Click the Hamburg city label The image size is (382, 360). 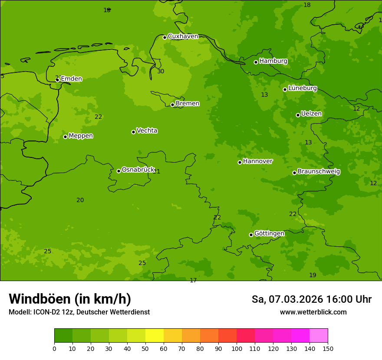pyautogui.click(x=273, y=61)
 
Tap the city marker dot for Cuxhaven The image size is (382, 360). pyautogui.click(x=165, y=37)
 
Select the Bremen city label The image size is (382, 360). pyautogui.click(x=187, y=104)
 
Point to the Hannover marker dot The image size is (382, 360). pyautogui.click(x=240, y=162)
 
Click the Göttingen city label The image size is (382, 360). pyautogui.click(x=269, y=234)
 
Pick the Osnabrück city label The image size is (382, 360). pyautogui.click(x=138, y=170)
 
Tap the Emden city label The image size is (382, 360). pyautogui.click(x=71, y=79)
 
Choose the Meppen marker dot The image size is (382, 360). pyautogui.click(x=65, y=137)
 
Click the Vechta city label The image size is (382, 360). pyautogui.click(x=147, y=131)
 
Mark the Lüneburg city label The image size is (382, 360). pyautogui.click(x=302, y=88)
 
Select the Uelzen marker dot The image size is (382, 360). pyautogui.click(x=298, y=115)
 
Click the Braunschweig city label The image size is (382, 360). pyautogui.click(x=319, y=172)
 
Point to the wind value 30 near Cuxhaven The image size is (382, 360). pyautogui.click(x=161, y=71)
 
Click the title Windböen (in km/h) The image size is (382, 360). pyautogui.click(x=70, y=299)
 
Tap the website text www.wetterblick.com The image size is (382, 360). pyautogui.click(x=313, y=312)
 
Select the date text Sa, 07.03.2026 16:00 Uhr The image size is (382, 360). pyautogui.click(x=311, y=299)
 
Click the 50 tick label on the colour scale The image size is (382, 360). pyautogui.click(x=145, y=348)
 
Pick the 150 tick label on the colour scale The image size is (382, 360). pyautogui.click(x=328, y=348)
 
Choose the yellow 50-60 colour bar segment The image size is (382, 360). pyautogui.click(x=155, y=336)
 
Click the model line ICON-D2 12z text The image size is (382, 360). pyautogui.click(x=79, y=312)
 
